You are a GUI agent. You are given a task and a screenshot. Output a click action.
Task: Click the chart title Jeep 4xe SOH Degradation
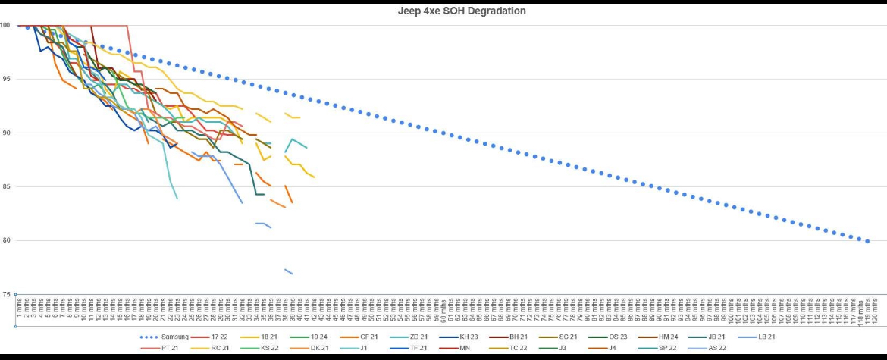point(462,11)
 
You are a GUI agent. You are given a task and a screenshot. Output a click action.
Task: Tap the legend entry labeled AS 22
point(711,348)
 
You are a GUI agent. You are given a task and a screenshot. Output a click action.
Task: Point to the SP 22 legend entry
point(662,348)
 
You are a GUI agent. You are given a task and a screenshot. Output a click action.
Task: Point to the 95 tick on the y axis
point(5,79)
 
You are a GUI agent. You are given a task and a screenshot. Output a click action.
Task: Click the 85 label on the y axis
point(5,186)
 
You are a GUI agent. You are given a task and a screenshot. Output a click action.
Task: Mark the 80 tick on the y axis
point(5,241)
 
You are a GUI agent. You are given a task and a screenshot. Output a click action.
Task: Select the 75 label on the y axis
point(5,295)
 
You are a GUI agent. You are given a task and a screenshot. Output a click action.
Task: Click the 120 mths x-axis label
point(876,311)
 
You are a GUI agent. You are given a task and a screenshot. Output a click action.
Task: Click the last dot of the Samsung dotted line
point(868,241)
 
